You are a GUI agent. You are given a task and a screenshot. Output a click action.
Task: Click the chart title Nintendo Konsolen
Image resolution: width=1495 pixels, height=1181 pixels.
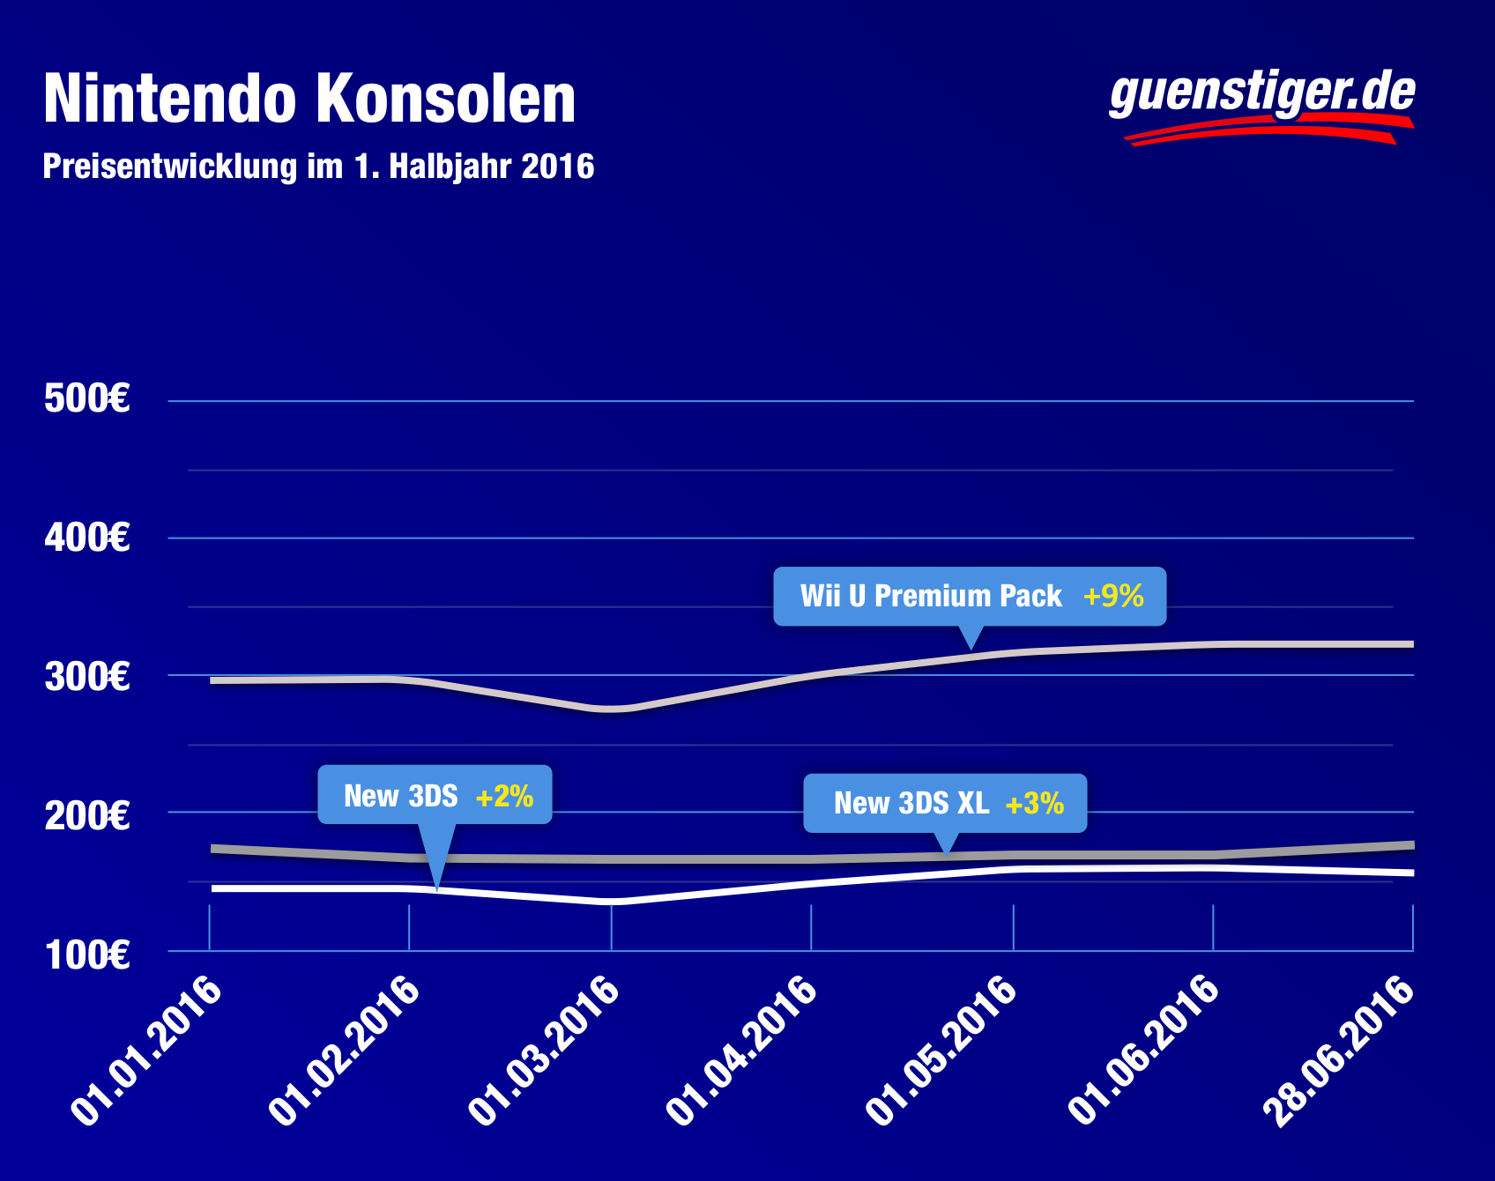coord(309,99)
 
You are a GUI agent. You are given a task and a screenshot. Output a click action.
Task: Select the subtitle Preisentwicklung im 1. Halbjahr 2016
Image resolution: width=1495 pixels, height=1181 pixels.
coord(318,167)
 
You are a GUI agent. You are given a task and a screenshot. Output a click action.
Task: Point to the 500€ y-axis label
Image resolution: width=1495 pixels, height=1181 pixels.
coord(87,399)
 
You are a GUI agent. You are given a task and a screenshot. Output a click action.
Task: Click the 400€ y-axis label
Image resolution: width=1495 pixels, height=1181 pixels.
coord(87,538)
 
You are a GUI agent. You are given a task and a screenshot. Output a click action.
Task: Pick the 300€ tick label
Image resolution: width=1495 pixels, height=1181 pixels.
coord(87,677)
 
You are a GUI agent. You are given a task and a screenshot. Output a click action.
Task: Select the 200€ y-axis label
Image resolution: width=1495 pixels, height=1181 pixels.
coord(87,815)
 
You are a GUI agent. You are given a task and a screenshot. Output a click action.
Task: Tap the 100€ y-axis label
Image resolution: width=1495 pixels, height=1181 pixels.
coord(87,955)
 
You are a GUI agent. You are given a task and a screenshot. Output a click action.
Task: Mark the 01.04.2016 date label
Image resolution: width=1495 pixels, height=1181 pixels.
coord(743,1050)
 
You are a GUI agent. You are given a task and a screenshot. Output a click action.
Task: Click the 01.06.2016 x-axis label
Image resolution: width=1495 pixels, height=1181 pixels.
coord(1144,1050)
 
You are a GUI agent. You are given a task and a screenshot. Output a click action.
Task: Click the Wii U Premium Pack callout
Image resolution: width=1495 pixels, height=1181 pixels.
coord(970,597)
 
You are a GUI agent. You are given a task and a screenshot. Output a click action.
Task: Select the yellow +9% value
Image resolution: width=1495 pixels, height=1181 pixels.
coord(1113,597)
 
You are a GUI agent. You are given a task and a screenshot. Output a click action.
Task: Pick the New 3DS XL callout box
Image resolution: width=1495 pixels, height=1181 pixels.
coord(945,803)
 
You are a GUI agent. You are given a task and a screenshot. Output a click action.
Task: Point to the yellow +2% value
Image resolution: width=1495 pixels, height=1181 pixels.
coord(504,797)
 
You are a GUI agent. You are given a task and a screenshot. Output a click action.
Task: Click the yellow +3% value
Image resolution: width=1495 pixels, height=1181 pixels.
coord(1035,804)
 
